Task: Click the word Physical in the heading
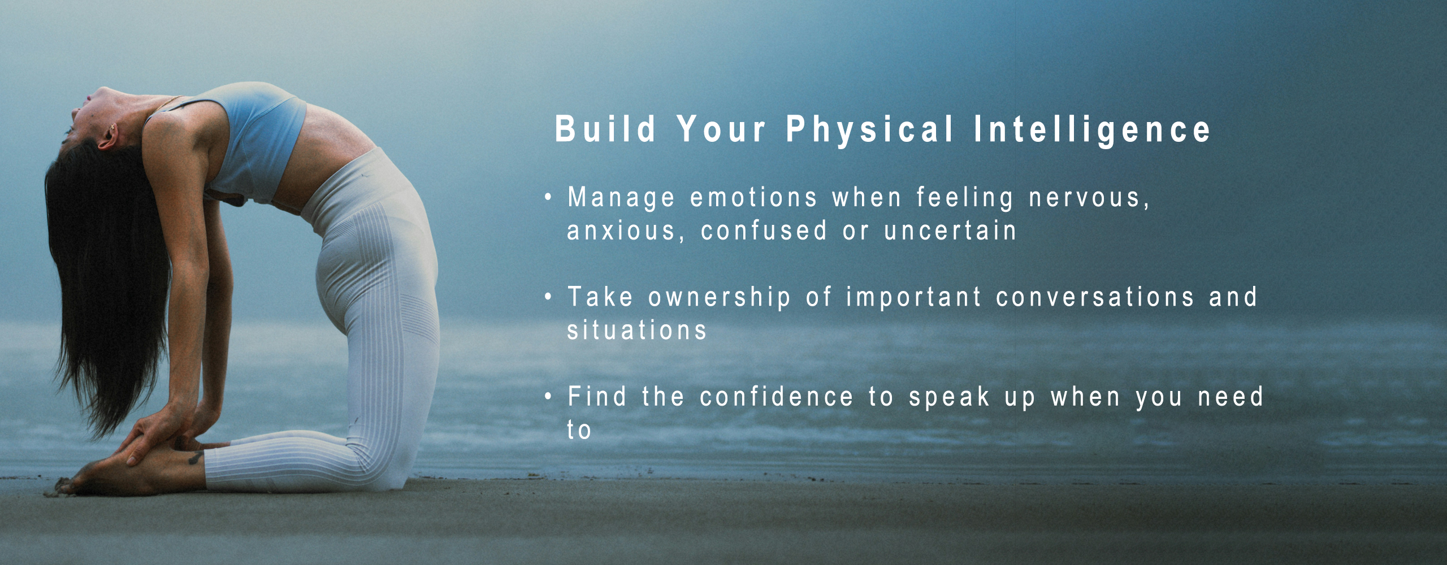pyautogui.click(x=870, y=129)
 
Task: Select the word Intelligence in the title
pyautogui.click(x=1091, y=129)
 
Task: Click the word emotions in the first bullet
pyautogui.click(x=753, y=198)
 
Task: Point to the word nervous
pyautogui.click(x=1089, y=198)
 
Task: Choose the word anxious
pyautogui.click(x=626, y=231)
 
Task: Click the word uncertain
pyautogui.click(x=950, y=231)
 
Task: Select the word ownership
pyautogui.click(x=719, y=298)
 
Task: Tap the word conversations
pyautogui.click(x=1095, y=297)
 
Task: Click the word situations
pyautogui.click(x=636, y=330)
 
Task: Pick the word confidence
pyautogui.click(x=776, y=397)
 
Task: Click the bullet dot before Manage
pyautogui.click(x=548, y=197)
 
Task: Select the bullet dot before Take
pyautogui.click(x=548, y=297)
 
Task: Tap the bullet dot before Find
pyautogui.click(x=548, y=396)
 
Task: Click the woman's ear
pyautogui.click(x=107, y=136)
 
